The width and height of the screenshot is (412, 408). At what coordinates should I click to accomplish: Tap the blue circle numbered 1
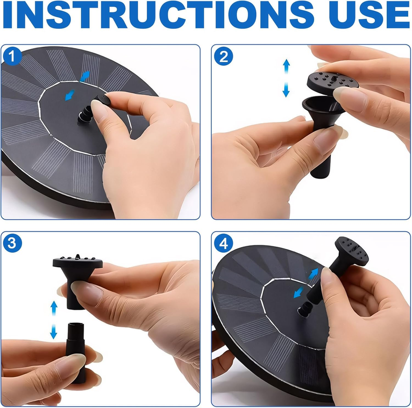click(12, 56)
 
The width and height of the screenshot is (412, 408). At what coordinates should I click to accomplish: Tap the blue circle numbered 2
click(223, 56)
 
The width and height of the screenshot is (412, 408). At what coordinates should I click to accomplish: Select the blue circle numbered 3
click(12, 243)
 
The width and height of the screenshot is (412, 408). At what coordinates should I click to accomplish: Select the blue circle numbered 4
click(223, 243)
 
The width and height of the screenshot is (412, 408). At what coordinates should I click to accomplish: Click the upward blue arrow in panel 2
click(286, 66)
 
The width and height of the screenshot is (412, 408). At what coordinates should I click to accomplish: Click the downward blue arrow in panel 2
click(286, 90)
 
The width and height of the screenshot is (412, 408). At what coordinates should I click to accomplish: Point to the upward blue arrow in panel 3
click(54, 308)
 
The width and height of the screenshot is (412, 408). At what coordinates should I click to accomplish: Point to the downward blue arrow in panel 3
click(54, 332)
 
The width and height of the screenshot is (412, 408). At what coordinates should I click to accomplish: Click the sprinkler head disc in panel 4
click(351, 251)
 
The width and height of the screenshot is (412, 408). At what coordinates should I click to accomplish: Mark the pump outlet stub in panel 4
click(305, 309)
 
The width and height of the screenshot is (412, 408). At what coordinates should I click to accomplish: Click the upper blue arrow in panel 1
click(85, 76)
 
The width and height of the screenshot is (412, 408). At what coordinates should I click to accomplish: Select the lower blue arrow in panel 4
click(299, 292)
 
